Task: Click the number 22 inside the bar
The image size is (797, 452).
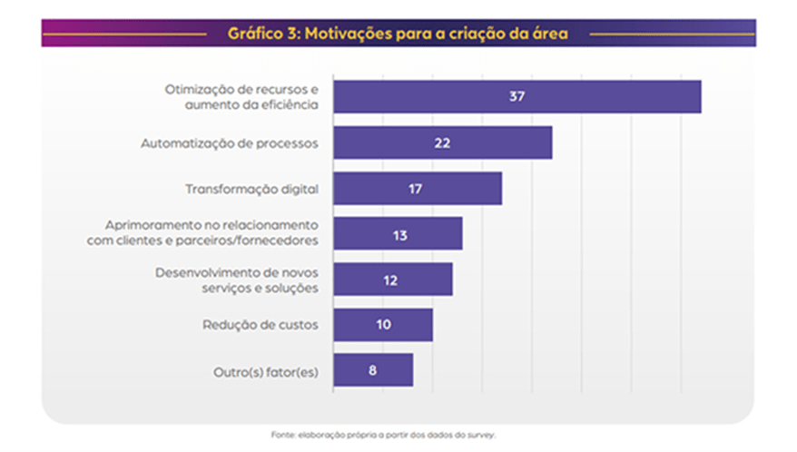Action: click(442, 142)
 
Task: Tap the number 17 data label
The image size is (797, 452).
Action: click(417, 189)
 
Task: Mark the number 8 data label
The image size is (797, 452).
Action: click(373, 369)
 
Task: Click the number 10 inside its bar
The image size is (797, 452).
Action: click(383, 324)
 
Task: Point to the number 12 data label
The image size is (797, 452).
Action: click(391, 280)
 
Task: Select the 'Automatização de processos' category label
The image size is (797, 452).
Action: click(229, 143)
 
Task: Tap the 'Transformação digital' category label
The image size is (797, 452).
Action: click(251, 189)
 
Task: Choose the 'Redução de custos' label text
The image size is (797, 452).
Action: click(260, 325)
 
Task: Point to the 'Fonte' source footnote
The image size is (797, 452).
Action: click(384, 434)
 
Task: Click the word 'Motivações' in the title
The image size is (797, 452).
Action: click(347, 34)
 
